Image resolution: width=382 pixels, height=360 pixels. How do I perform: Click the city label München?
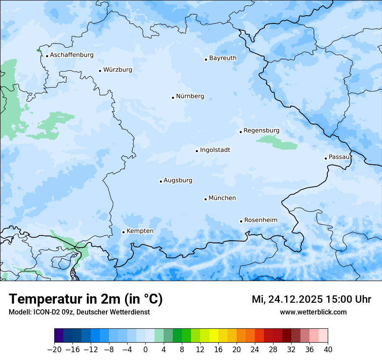coord(222,198)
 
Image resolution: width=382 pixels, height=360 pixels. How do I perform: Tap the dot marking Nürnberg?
coord(173,98)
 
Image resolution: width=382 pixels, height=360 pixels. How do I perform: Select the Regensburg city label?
coord(261,131)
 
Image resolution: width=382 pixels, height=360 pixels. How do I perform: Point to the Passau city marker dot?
coord(326,158)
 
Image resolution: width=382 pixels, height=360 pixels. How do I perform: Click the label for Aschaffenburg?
coord(72,55)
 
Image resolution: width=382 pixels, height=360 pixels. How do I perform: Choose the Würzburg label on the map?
coord(118,70)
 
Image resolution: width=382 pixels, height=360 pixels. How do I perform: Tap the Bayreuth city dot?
coord(206,59)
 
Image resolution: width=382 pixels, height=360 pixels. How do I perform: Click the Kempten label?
coord(140,231)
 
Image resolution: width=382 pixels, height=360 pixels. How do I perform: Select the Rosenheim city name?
coord(260,220)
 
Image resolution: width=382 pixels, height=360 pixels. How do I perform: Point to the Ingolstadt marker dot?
coord(197,151)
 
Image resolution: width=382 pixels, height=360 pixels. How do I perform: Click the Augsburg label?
coord(178,180)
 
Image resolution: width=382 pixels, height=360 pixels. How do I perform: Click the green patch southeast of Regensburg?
coord(276,141)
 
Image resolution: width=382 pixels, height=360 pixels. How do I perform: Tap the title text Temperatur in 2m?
coord(86,299)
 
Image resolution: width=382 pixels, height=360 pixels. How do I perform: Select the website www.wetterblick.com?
coord(313,312)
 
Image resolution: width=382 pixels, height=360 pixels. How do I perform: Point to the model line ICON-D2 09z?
coord(79,312)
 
